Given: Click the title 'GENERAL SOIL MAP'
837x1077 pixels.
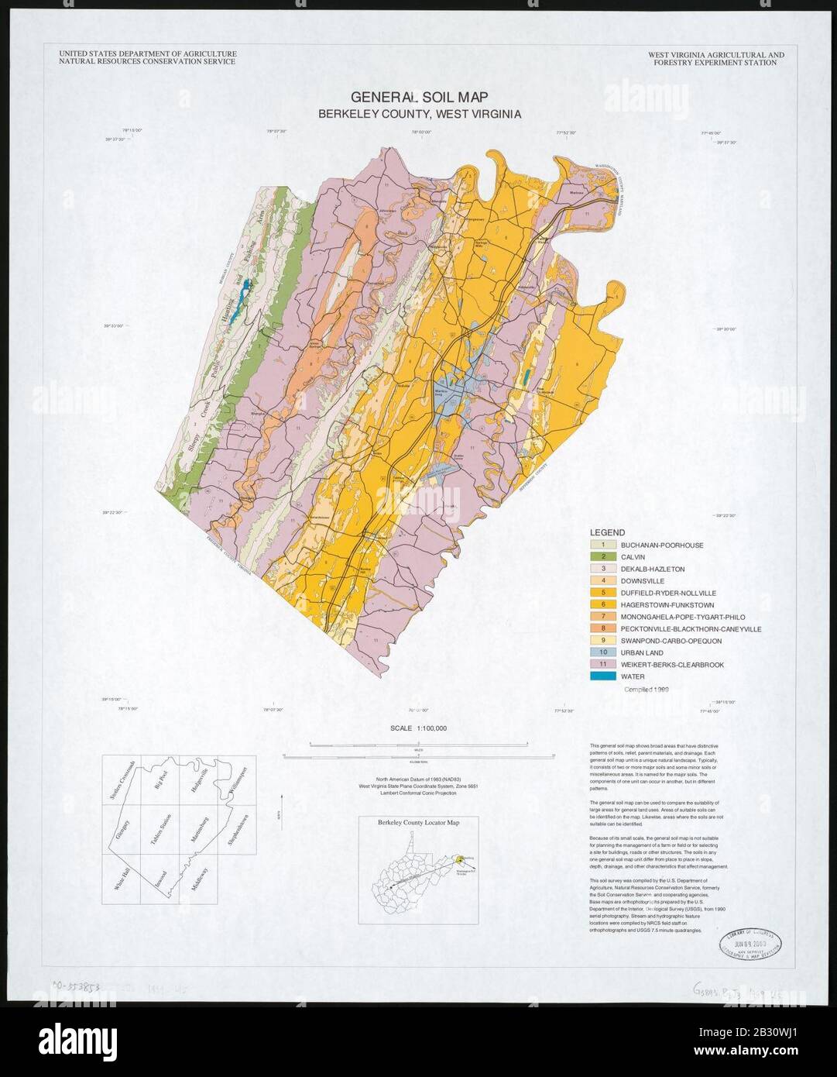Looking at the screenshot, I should tap(418, 98).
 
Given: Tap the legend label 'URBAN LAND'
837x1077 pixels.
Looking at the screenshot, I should tap(642, 653).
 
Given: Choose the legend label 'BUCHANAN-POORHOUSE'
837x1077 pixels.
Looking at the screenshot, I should tap(667, 545).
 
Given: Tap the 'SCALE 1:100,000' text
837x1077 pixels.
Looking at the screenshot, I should tap(419, 728).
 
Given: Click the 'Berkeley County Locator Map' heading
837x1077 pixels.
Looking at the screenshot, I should tap(419, 823).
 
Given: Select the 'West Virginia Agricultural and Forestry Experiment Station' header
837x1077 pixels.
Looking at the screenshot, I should tap(715, 59).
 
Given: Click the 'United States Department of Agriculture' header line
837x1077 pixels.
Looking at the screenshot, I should tap(147, 54).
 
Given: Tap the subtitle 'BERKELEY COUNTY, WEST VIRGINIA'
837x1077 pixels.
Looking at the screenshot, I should tap(419, 114).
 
